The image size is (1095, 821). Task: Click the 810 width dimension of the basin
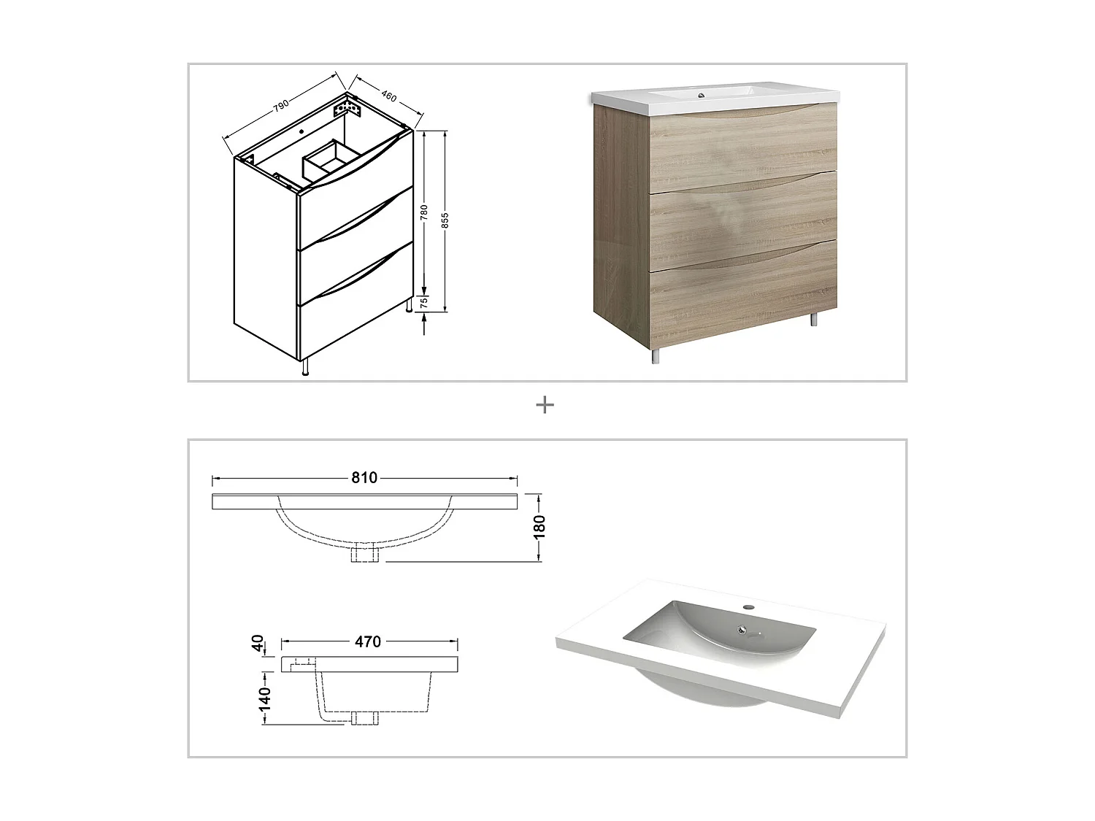coord(364,478)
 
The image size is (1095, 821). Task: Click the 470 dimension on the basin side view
coord(368,641)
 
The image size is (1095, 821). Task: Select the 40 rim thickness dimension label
coord(258,644)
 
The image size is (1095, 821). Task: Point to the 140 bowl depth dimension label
coord(264,698)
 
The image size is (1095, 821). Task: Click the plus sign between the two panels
coord(545,406)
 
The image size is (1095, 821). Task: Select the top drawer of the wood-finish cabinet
coord(743,146)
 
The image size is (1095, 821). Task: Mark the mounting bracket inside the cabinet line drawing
coord(347,110)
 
